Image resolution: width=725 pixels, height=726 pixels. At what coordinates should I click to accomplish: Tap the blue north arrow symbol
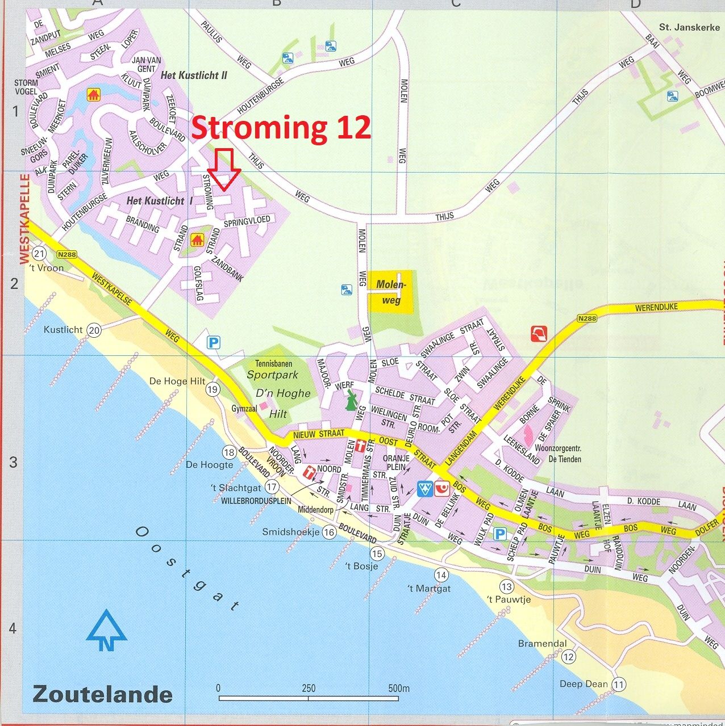[106, 630]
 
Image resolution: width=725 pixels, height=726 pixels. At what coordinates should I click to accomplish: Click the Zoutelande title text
[102, 694]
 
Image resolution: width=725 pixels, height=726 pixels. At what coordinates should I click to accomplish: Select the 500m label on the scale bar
[399, 689]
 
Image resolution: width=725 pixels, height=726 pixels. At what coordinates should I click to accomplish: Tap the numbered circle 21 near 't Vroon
[39, 253]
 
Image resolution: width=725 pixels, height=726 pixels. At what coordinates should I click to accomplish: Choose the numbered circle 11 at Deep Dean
[619, 685]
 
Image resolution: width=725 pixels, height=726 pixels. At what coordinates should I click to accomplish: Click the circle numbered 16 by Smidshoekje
[329, 532]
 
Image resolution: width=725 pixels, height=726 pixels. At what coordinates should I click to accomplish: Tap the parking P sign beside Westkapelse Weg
[214, 342]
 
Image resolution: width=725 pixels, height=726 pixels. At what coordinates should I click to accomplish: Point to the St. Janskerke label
[689, 27]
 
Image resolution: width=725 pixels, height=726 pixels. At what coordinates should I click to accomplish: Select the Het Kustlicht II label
[194, 75]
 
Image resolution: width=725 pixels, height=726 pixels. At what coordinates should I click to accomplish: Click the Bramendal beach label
[542, 644]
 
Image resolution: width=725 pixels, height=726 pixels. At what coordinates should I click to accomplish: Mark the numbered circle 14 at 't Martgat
[441, 575]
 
